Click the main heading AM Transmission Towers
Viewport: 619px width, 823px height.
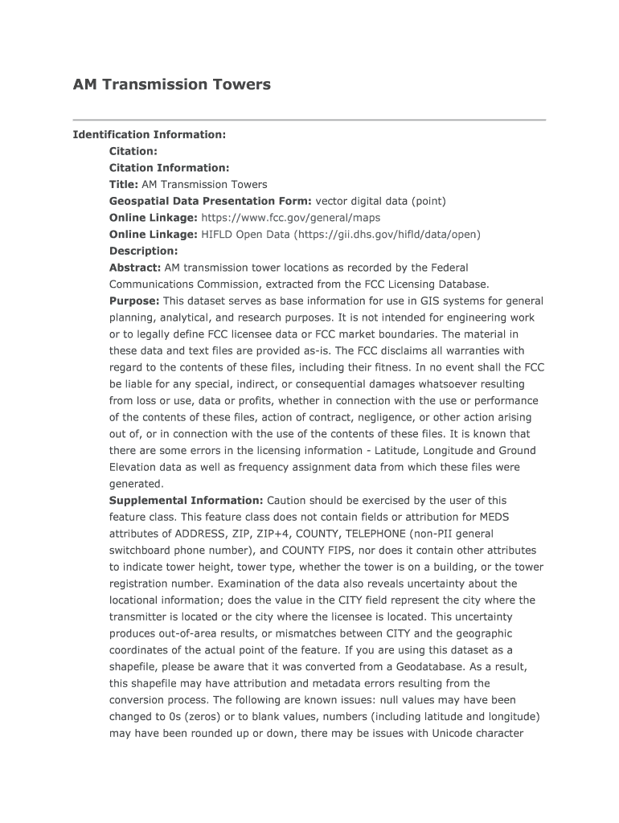(172, 84)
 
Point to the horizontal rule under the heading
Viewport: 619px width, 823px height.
(309, 120)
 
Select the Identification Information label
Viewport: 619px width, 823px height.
(150, 134)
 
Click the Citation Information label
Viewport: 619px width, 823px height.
(169, 168)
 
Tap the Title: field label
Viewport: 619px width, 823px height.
(124, 185)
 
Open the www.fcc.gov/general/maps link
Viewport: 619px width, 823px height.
(290, 218)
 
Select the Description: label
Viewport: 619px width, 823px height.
(143, 251)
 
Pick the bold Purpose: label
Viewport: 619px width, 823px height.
(134, 301)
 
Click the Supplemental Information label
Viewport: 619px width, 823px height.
(186, 500)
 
